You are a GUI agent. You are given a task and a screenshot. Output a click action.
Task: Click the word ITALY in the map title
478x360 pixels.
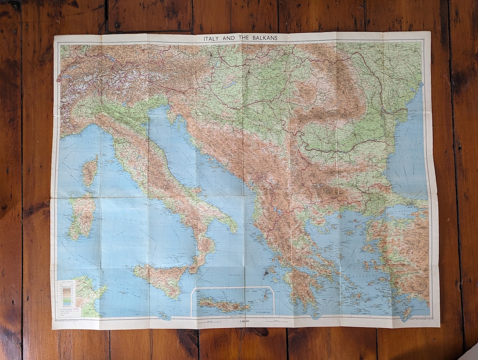coord(212,38)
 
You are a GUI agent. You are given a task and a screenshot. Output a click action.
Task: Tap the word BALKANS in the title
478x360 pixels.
coord(263,38)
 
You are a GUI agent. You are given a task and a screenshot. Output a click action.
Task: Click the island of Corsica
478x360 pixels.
coord(90,171)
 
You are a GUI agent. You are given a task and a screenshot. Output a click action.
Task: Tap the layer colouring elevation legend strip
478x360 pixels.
coord(67,294)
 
